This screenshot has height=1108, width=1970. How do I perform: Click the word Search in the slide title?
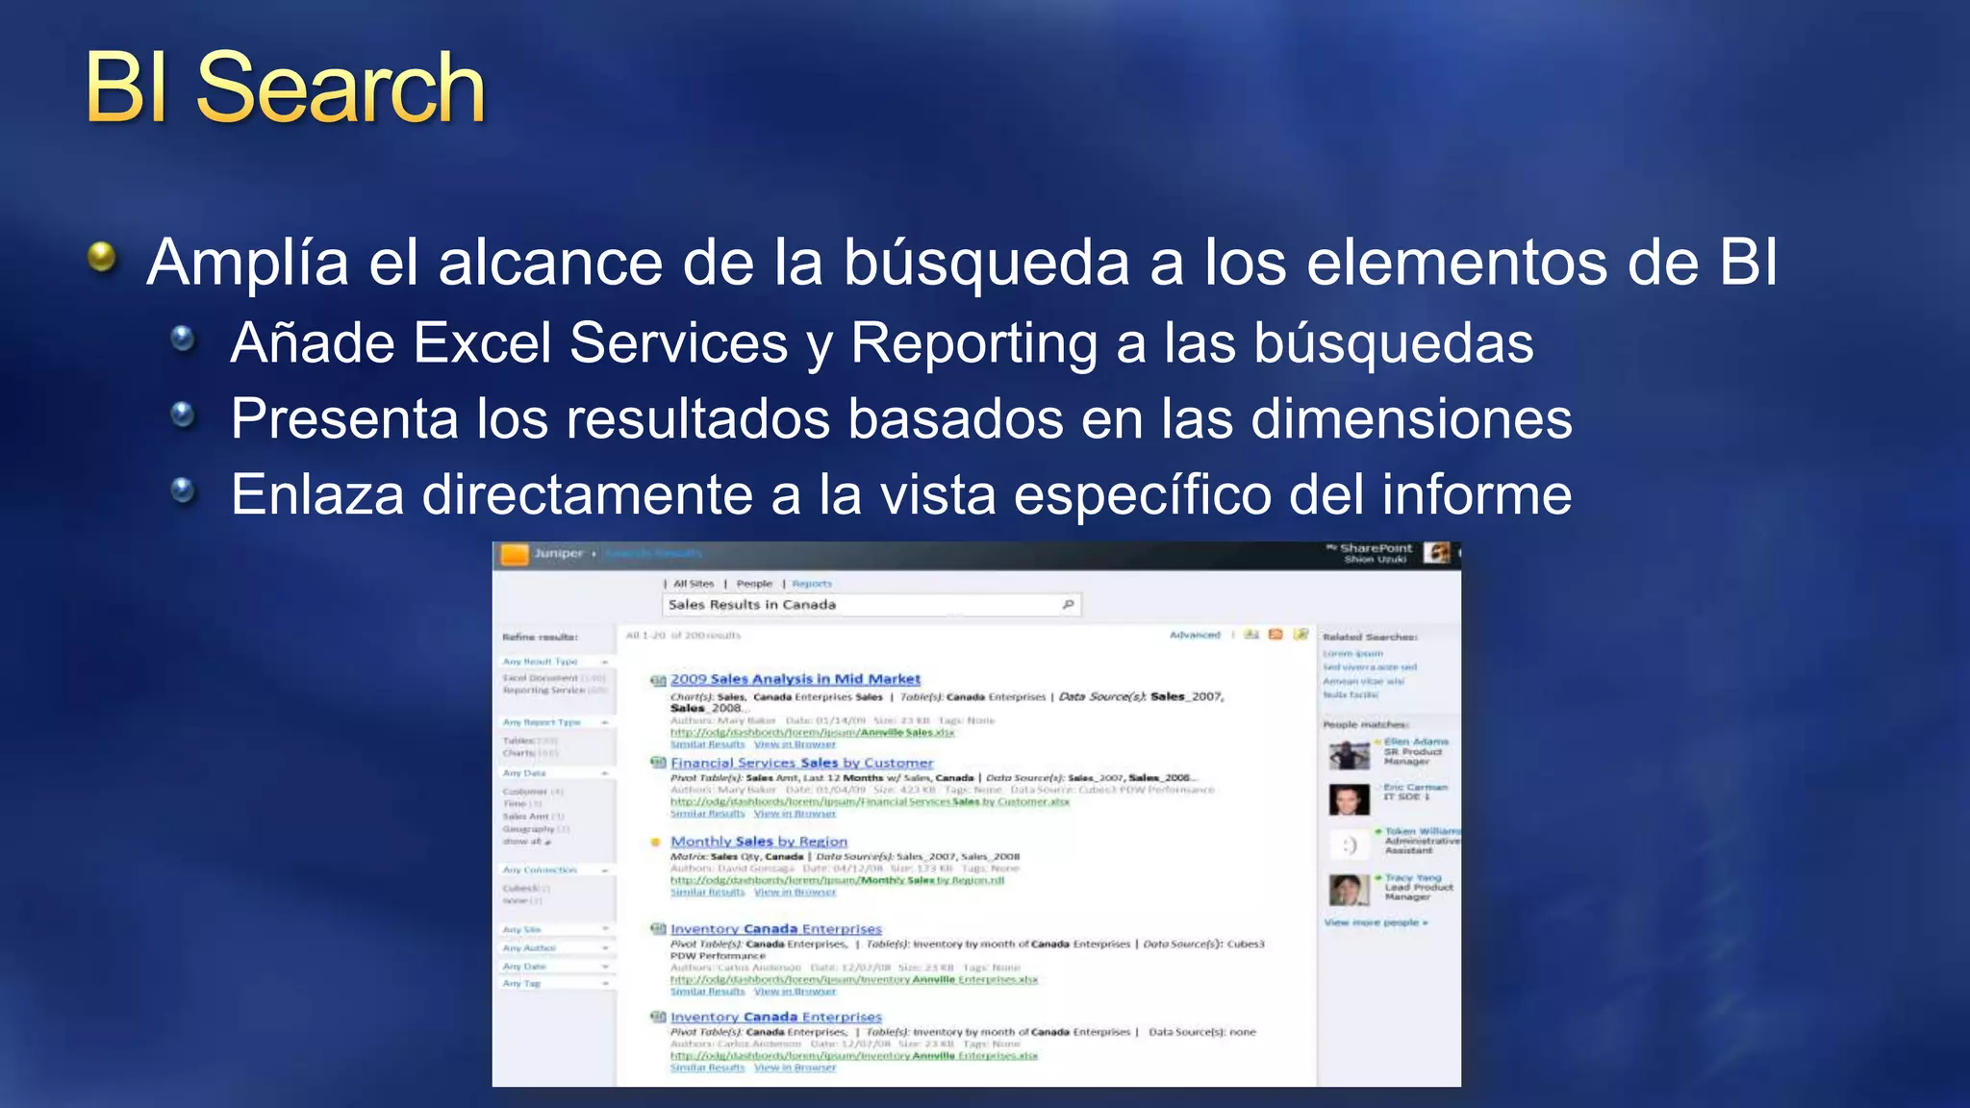coord(341,88)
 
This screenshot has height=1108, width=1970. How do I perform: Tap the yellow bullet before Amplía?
coord(101,257)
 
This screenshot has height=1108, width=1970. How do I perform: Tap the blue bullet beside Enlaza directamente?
coord(182,491)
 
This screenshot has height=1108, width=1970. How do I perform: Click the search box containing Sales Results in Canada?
coord(861,605)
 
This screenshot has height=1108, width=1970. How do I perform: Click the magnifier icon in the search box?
coord(1068,604)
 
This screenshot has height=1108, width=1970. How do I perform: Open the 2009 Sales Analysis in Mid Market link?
coord(795,679)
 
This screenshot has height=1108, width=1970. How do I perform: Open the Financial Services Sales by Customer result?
coord(801,763)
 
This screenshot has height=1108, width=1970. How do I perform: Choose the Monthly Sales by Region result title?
coord(758,842)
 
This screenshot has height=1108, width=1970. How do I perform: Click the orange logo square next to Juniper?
coord(515,554)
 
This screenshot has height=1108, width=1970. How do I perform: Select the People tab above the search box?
coord(754,584)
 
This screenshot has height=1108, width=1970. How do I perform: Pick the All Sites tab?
coord(694,584)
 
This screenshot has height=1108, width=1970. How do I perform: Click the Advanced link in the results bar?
coord(1195,635)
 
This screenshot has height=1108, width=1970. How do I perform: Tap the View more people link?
coord(1376,922)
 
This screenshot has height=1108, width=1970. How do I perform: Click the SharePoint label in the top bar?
coord(1376,548)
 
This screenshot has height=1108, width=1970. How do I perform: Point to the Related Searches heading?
coord(1370,637)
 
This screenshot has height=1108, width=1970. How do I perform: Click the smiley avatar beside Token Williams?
coord(1349,844)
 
